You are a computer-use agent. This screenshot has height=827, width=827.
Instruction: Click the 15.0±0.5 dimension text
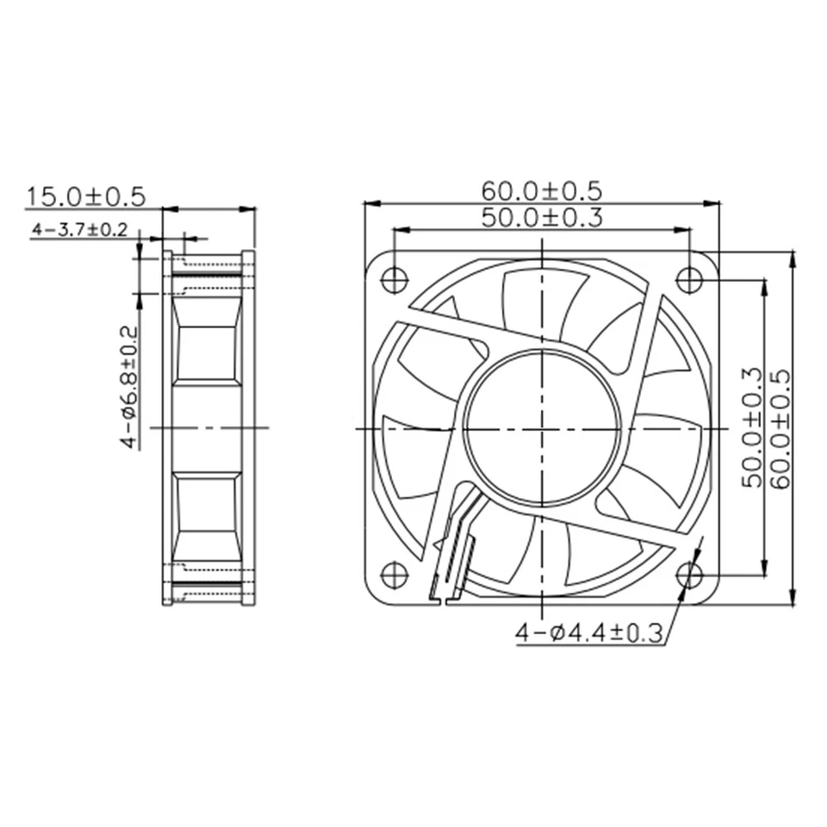pyautogui.click(x=84, y=196)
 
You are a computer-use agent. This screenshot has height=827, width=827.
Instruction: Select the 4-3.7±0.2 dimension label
pyautogui.click(x=79, y=230)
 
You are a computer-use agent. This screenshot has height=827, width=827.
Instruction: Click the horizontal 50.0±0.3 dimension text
pyautogui.click(x=541, y=218)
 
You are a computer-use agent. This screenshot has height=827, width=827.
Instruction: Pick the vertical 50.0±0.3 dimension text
pyautogui.click(x=750, y=427)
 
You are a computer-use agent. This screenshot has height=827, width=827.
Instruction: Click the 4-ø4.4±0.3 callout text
pyautogui.click(x=590, y=635)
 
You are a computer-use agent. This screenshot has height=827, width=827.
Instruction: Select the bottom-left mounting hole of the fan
pyautogui.click(x=394, y=574)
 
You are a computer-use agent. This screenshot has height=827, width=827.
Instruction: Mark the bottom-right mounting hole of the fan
pyautogui.click(x=689, y=575)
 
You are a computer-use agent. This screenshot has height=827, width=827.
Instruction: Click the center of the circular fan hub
pyautogui.click(x=542, y=426)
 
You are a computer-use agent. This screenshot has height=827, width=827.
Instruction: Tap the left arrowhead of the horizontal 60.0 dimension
pyautogui.click(x=369, y=203)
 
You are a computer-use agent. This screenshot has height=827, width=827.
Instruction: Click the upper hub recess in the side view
pyautogui.click(x=206, y=352)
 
